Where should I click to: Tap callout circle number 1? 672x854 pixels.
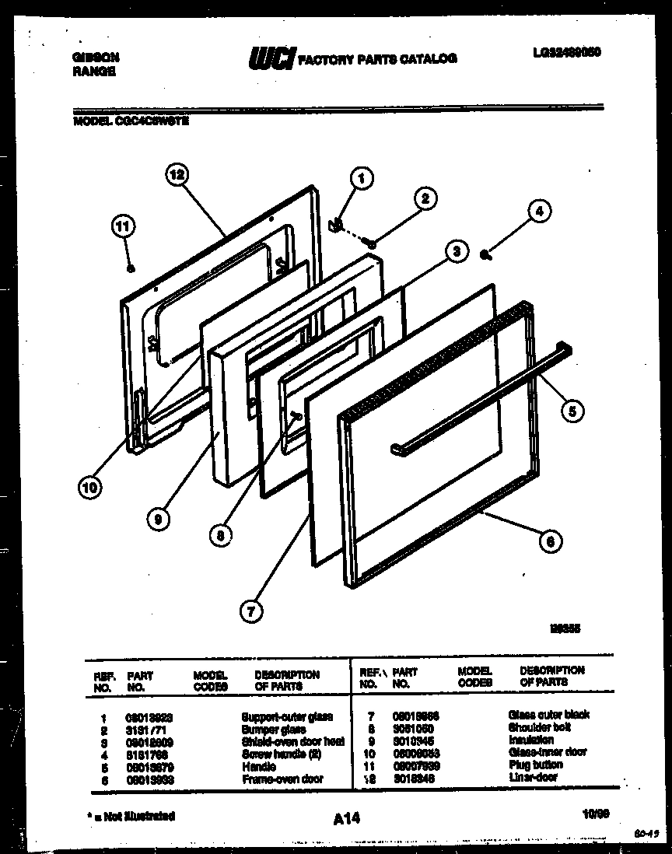coord(360,177)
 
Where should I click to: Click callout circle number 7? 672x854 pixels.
coord(250,611)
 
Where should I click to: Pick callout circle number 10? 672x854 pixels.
coord(90,488)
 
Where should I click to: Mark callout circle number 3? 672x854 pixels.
coord(457,250)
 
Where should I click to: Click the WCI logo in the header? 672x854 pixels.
coord(271,58)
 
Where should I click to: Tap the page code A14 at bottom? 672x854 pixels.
coord(341,817)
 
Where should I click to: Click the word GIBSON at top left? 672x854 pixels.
coord(95,57)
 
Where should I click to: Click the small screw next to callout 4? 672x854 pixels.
coord(484,254)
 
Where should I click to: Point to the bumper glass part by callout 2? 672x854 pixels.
coord(373,245)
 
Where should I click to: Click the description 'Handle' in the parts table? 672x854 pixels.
coord(259,766)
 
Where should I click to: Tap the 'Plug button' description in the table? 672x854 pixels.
coord(535,765)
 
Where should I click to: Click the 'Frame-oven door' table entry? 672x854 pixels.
coord(282,779)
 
